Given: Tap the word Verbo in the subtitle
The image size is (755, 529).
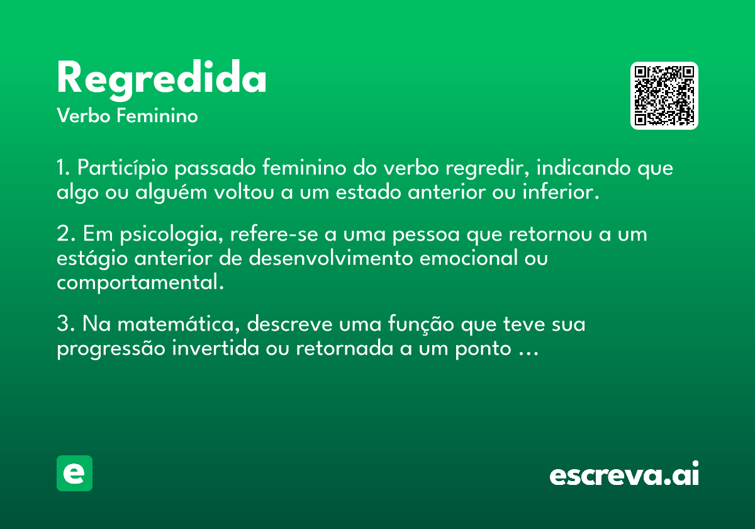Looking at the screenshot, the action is [84, 116].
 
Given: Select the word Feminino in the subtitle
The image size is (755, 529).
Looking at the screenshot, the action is [157, 115].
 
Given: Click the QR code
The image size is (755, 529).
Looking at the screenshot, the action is [664, 96].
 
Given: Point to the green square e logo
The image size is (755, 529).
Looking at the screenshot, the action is [74, 473].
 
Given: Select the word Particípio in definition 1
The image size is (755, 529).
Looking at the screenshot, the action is [122, 168].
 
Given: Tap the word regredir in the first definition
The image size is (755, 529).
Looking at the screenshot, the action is [487, 168].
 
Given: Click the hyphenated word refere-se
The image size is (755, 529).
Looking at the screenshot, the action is [274, 234].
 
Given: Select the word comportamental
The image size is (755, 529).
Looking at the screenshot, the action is [140, 283].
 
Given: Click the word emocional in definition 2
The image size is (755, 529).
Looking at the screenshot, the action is [469, 258].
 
